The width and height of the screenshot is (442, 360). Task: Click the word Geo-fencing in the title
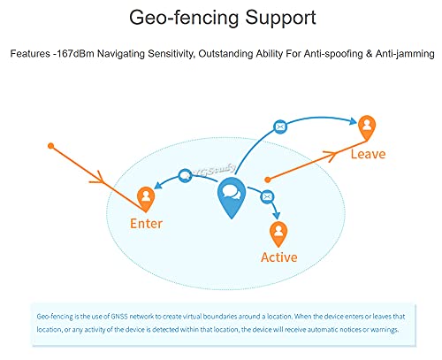184,19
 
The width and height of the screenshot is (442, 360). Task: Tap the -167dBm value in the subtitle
73,54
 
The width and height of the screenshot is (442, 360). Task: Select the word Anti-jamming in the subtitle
405,54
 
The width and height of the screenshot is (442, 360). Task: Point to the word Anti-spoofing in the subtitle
333,54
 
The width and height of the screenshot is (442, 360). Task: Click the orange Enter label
146,224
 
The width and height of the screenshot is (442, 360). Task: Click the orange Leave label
368,154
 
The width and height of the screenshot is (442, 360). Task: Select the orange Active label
279,257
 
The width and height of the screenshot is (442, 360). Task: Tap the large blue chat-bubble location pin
232,197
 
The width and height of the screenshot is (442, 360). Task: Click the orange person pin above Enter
146,199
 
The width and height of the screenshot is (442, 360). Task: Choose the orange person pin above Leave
367,127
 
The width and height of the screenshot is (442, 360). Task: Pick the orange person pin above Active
278,234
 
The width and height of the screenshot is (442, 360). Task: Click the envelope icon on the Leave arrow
280,127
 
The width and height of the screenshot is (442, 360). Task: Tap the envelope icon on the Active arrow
267,196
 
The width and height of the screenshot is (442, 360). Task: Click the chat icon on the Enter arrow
185,176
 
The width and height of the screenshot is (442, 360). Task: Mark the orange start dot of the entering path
51,146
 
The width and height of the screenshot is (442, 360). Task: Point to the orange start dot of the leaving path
268,180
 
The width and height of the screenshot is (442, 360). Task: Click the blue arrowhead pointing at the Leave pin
354,121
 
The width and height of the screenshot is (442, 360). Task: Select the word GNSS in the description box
119,317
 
